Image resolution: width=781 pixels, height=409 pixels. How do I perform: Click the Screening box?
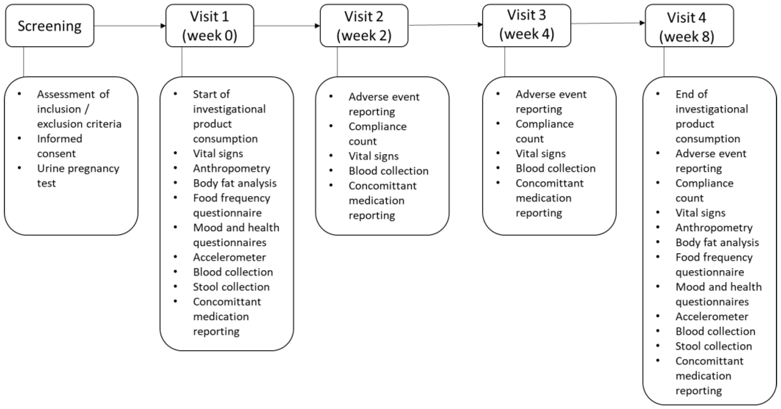point(49,25)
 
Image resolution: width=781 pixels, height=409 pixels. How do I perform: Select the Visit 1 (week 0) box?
point(210,25)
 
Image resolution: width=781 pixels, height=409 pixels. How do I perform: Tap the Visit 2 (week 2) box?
point(364,25)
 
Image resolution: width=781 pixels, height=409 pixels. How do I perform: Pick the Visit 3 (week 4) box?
point(526,25)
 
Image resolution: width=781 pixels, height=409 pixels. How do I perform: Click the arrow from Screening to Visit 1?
point(130,26)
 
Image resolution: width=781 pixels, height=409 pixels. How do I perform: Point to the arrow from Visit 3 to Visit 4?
point(608,23)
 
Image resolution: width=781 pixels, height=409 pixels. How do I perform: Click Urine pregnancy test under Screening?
point(78,176)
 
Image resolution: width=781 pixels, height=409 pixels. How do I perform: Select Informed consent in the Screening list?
point(59,146)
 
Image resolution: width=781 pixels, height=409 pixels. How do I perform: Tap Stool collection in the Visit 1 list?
point(231,287)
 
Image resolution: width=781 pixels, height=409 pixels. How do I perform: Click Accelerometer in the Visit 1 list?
point(229,257)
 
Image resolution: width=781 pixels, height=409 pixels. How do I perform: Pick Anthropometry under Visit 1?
point(231,168)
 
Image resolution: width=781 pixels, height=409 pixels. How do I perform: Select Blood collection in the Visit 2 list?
point(388,171)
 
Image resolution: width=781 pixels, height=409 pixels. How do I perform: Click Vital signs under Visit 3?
point(540,153)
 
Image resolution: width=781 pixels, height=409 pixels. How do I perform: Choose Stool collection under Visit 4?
point(713,346)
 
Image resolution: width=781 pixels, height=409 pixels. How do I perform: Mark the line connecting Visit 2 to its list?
point(337,62)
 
